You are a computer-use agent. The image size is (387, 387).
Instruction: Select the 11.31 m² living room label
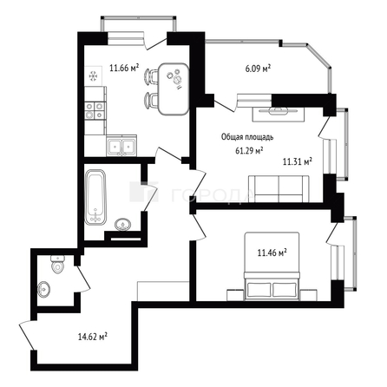coord(298,161)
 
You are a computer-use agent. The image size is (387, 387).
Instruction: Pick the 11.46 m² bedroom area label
coord(272,253)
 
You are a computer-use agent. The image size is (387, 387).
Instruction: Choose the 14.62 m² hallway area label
coord(92,336)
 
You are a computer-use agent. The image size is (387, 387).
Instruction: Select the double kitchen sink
coord(119,146)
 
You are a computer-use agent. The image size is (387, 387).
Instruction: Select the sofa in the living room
coord(279,187)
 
